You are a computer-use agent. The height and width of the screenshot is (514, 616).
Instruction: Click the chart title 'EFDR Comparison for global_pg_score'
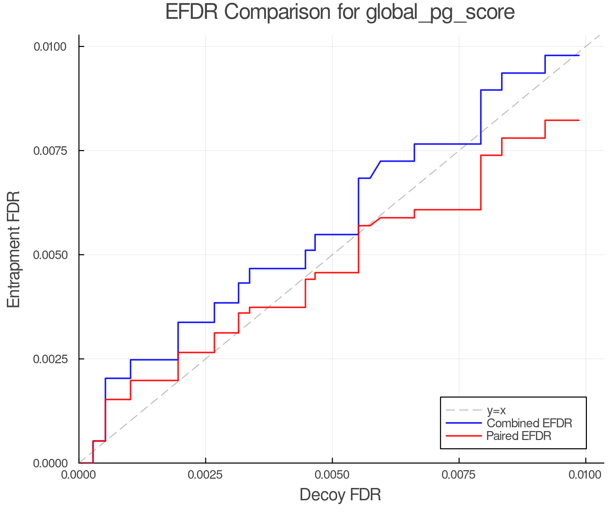pyautogui.click(x=340, y=13)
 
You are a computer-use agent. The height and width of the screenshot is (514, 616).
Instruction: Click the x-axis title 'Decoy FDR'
pyautogui.click(x=340, y=495)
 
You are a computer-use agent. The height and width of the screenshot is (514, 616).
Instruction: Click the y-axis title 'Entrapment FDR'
pyautogui.click(x=14, y=249)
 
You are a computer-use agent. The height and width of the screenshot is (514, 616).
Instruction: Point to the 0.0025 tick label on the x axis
pyautogui.click(x=205, y=475)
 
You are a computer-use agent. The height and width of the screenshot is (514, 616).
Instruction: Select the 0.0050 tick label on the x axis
pyautogui.click(x=332, y=475)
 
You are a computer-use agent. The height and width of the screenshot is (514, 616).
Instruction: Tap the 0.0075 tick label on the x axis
pyautogui.click(x=459, y=475)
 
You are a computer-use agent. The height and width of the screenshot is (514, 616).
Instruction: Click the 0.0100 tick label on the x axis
pyautogui.click(x=586, y=475)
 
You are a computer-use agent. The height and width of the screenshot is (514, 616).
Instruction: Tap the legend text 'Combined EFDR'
pyautogui.click(x=529, y=423)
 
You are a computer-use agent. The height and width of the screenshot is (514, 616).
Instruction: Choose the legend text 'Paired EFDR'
pyautogui.click(x=519, y=436)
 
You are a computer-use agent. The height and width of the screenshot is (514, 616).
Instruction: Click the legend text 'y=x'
pyautogui.click(x=496, y=411)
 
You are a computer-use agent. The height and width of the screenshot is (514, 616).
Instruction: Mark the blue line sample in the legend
pyautogui.click(x=464, y=423)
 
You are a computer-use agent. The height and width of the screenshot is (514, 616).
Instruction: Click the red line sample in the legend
pyautogui.click(x=464, y=436)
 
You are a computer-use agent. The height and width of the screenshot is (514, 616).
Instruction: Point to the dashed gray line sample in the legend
pyautogui.click(x=464, y=410)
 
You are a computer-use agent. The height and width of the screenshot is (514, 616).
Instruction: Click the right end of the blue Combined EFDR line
pyautogui.click(x=579, y=56)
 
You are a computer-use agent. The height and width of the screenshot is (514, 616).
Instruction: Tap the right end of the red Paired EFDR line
pyautogui.click(x=579, y=120)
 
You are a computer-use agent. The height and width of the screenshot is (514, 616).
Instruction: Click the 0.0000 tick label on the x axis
pyautogui.click(x=79, y=475)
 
